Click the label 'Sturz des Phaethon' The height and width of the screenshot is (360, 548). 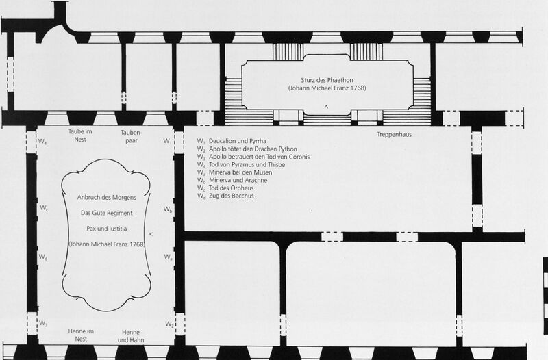[x=327, y=80]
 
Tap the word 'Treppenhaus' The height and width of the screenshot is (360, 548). [x=395, y=134]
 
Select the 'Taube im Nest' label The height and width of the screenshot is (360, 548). [x=80, y=136]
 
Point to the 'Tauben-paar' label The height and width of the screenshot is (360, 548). [x=132, y=136]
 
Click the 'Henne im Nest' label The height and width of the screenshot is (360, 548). [x=81, y=335]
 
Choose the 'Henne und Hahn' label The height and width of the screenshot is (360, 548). [x=131, y=336]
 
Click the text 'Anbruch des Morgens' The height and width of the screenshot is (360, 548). [x=107, y=197]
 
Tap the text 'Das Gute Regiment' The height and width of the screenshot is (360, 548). [x=107, y=213]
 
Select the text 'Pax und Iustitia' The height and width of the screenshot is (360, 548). [x=107, y=229]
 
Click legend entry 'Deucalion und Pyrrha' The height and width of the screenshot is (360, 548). [x=237, y=141]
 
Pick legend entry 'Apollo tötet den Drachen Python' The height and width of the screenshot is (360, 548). [x=253, y=149]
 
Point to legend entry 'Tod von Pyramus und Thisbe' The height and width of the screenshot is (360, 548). [x=247, y=164]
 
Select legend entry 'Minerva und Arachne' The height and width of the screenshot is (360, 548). [x=238, y=180]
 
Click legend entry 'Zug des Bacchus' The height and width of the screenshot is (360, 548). [x=231, y=196]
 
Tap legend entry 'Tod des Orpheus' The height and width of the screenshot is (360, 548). [x=231, y=188]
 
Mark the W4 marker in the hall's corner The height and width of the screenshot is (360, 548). [x=42, y=142]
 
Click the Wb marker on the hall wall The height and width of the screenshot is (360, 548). [x=167, y=209]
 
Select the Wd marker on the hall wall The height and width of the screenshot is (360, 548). [x=42, y=257]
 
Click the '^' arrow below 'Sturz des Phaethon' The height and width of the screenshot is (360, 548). [x=326, y=107]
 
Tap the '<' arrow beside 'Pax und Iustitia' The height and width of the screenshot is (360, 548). [x=151, y=234]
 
